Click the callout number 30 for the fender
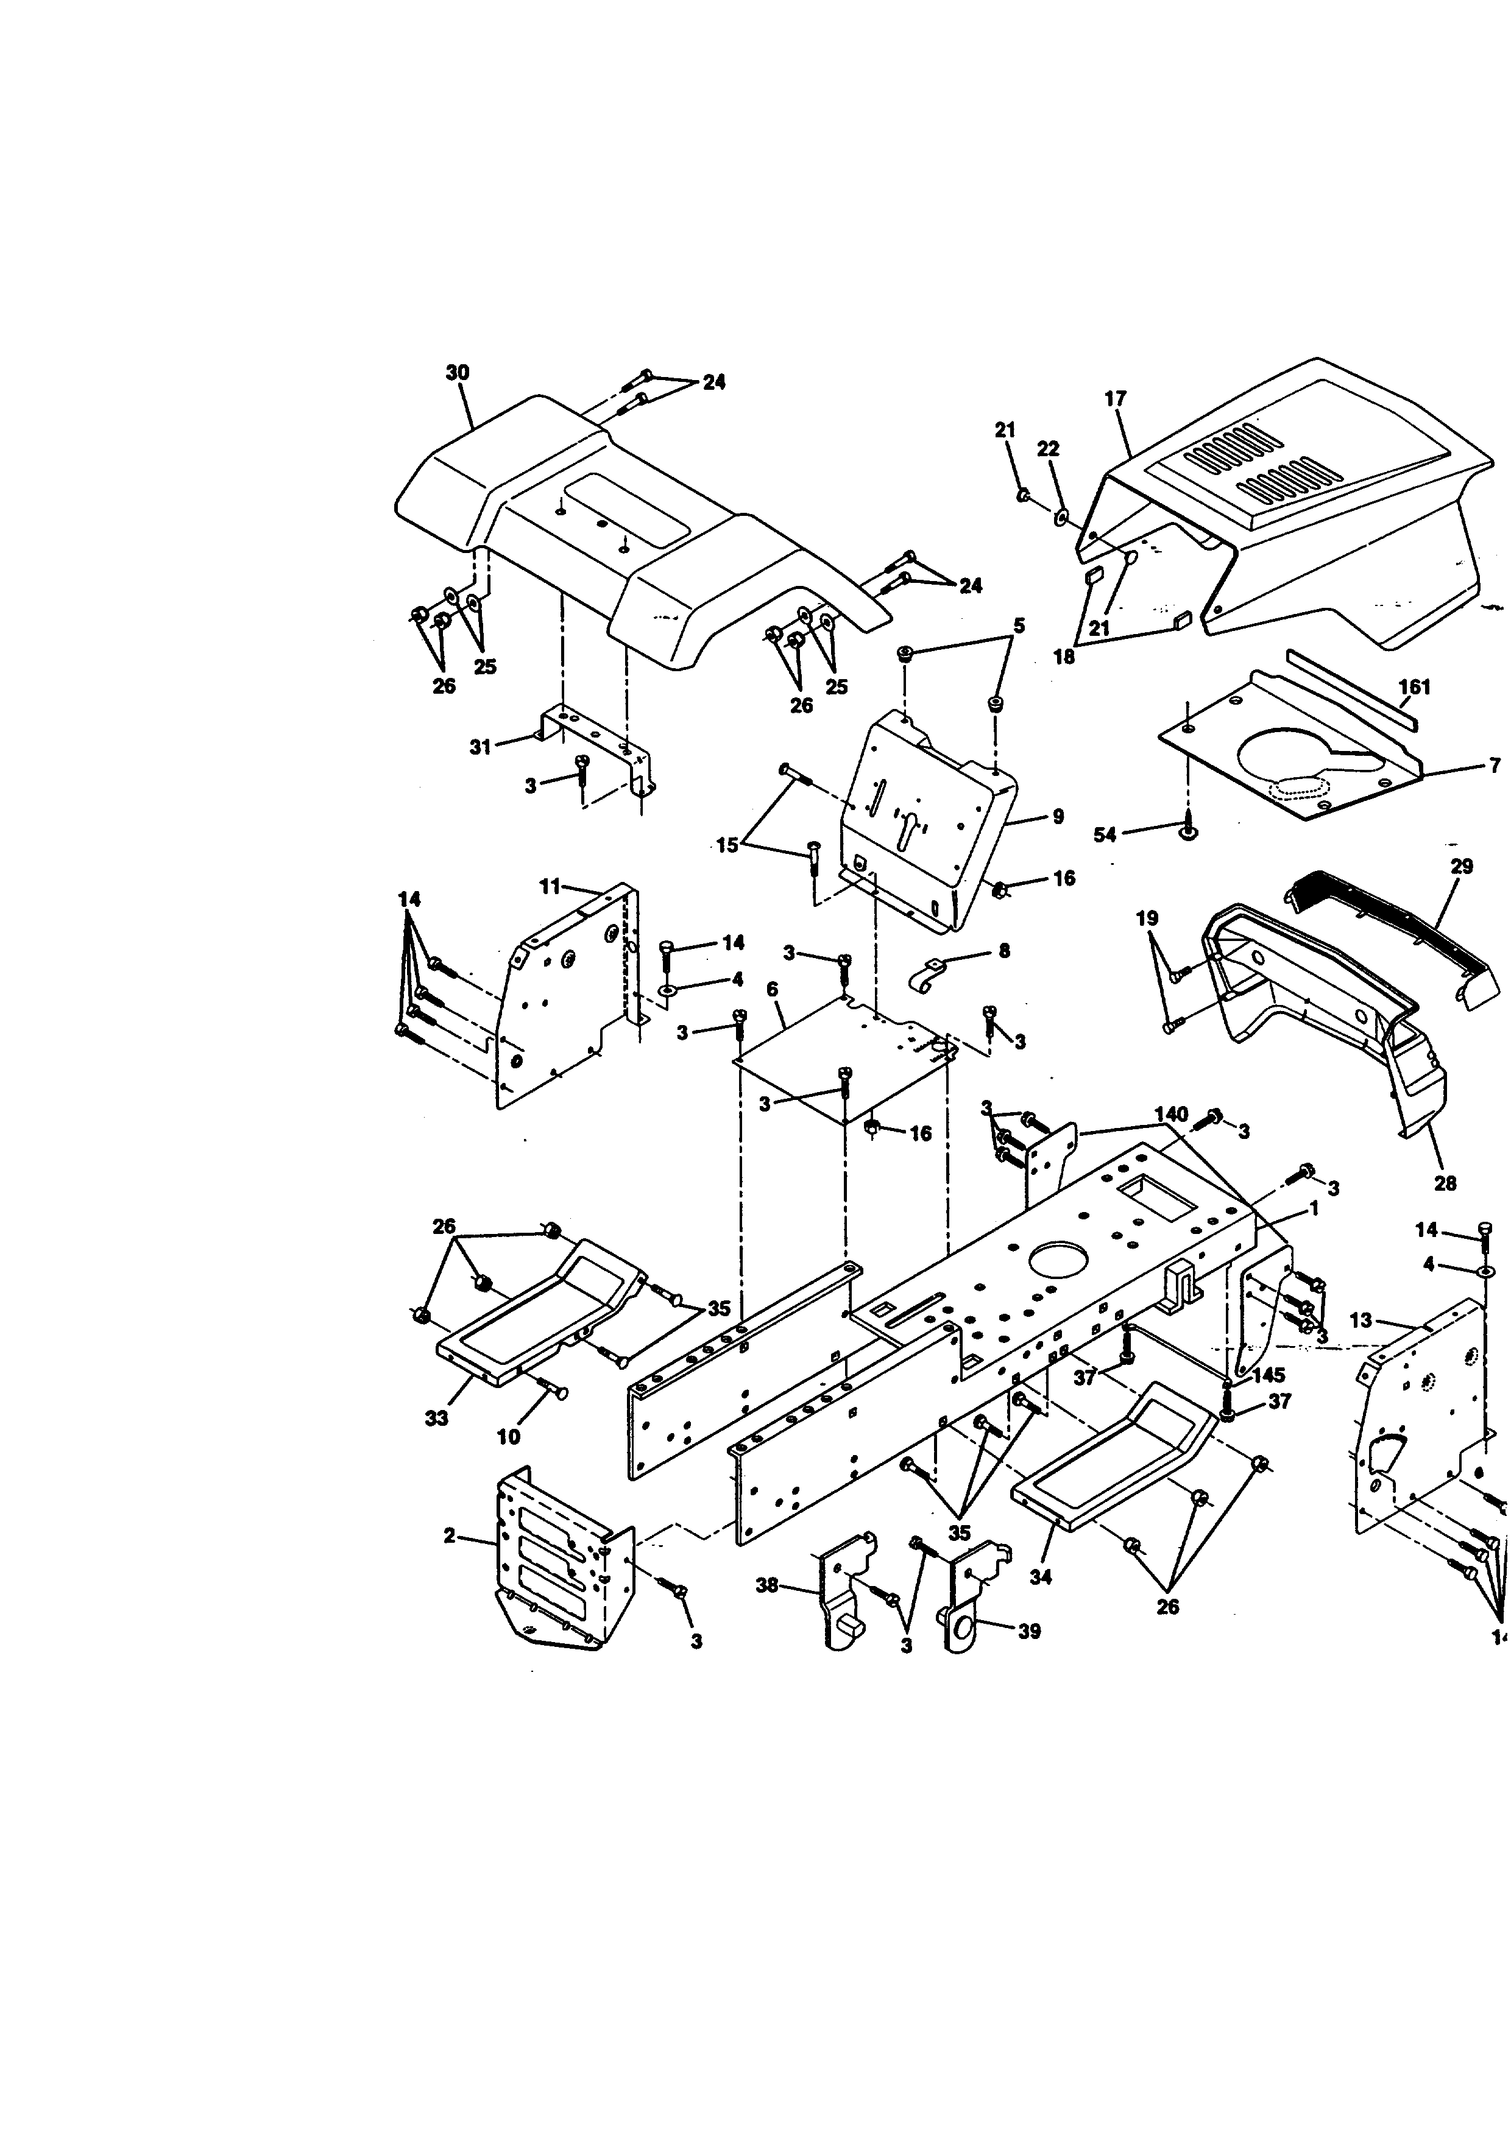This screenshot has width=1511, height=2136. coord(457,372)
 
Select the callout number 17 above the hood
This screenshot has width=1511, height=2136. coord(1114,398)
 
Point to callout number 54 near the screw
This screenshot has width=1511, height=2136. coord(1105,834)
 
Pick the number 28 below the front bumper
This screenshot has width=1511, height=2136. coord(1445,1183)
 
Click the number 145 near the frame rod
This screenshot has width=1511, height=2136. coord(1268,1375)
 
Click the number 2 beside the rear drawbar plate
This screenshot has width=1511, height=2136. coord(450,1536)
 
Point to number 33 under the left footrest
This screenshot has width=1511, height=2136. coord(436,1418)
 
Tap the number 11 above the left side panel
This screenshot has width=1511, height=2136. coord(551,887)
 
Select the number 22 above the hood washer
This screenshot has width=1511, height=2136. coord(1048,448)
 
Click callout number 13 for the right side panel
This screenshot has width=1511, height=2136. coord(1361,1320)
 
